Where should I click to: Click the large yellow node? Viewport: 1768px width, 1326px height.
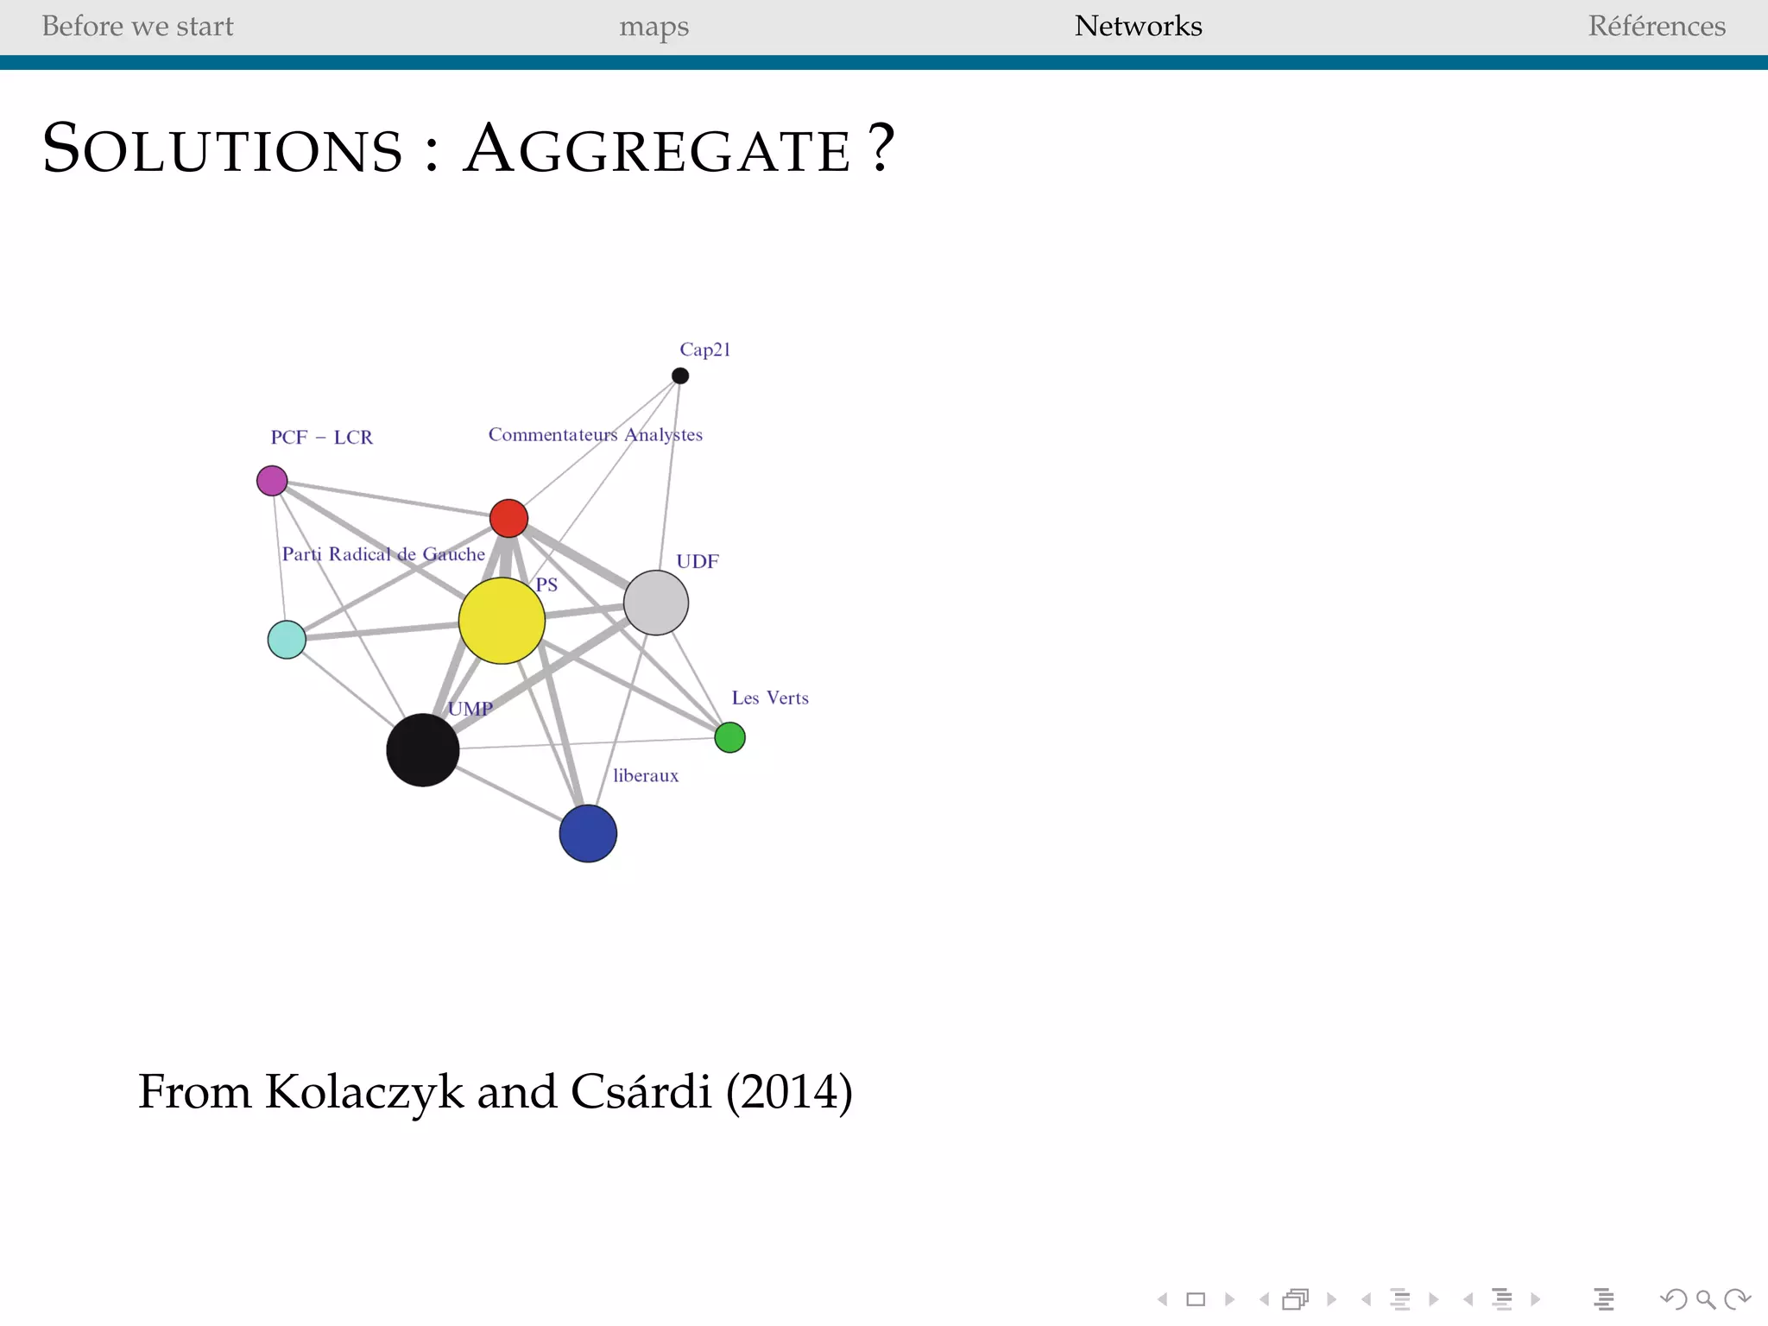tap(502, 621)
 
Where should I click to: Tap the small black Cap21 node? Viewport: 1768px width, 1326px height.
tap(680, 376)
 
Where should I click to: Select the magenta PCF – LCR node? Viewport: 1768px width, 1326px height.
tap(272, 481)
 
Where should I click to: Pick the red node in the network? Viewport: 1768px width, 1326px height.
tap(508, 518)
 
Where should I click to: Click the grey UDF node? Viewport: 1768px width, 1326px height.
tap(656, 603)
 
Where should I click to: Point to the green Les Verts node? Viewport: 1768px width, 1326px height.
tap(730, 737)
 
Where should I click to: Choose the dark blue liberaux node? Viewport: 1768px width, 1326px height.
tap(588, 834)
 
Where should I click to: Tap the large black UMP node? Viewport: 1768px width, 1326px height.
tap(422, 749)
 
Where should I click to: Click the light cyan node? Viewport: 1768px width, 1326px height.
tap(287, 640)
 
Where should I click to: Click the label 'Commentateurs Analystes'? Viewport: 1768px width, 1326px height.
tap(596, 434)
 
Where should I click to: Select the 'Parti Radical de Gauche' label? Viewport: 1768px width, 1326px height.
tap(383, 554)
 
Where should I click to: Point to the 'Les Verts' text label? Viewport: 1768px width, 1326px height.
tap(770, 698)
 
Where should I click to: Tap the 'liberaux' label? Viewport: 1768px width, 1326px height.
tap(646, 775)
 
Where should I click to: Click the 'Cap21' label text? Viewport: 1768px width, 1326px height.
tap(705, 350)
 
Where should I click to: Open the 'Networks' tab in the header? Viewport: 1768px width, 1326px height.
tap(1138, 26)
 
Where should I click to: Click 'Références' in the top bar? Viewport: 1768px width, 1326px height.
tap(1657, 26)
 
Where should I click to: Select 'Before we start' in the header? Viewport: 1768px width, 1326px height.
tap(137, 26)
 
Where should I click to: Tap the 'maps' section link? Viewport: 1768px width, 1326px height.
tap(654, 27)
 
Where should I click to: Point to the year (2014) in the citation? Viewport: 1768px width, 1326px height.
tap(789, 1091)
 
